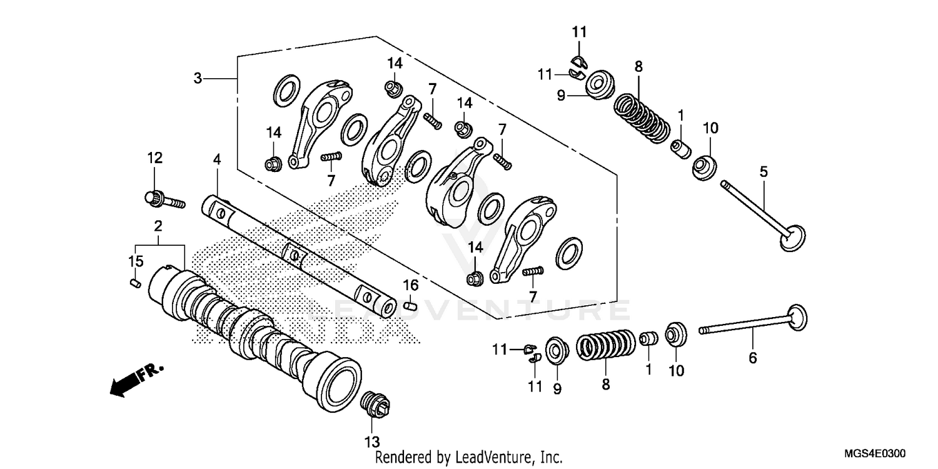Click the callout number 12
pos(155,158)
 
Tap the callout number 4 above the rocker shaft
pos(216,159)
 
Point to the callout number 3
pos(198,78)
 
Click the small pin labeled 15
pos(134,283)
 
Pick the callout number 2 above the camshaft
pos(158,225)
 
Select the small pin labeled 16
pos(410,306)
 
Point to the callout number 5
pos(763,171)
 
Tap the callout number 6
pos(753,358)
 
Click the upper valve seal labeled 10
pos(705,166)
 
